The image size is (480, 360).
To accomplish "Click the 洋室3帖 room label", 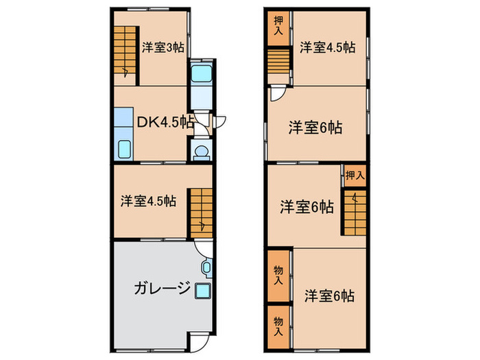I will click(163, 47).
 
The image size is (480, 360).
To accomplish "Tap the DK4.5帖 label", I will click(165, 122).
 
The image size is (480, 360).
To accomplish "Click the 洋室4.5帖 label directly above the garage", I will click(149, 202).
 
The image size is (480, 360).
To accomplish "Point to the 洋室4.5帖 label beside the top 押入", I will click(327, 47).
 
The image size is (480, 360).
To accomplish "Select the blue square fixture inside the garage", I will click(202, 290).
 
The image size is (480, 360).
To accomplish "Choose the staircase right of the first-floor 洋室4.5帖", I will click(201, 211).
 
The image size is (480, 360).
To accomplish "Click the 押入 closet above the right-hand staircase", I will click(354, 176).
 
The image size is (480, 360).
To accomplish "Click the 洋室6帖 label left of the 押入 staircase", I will click(307, 206).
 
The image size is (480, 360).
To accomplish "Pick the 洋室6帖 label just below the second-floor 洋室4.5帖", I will click(315, 127).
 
